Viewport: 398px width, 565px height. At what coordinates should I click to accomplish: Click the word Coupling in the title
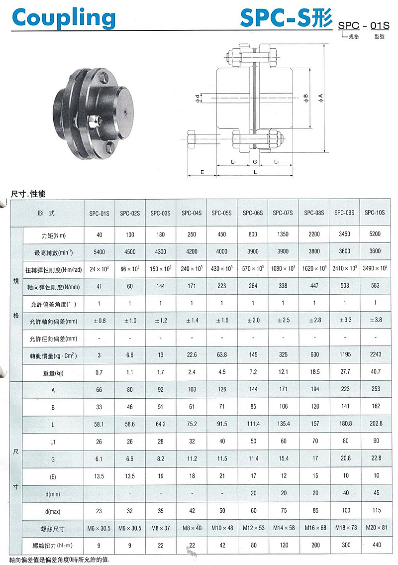point(63,18)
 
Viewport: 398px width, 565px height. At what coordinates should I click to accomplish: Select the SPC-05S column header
point(222,213)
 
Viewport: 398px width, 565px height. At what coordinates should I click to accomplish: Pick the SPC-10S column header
point(375,213)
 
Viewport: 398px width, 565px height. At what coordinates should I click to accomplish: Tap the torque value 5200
point(376,234)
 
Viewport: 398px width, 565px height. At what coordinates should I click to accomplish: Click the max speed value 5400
point(99,252)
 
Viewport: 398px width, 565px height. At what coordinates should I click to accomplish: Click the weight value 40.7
point(376,372)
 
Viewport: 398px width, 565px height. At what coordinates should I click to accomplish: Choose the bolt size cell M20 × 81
point(376,528)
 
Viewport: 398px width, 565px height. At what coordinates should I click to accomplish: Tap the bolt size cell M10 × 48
point(222,528)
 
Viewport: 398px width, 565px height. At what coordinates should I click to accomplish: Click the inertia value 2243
point(376,355)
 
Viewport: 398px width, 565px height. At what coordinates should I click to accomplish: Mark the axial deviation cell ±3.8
point(376,321)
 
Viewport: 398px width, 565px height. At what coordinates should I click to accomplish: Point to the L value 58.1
point(99,424)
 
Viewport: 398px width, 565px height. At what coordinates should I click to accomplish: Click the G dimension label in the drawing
point(255,162)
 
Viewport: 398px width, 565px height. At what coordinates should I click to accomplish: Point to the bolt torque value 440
point(376,545)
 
